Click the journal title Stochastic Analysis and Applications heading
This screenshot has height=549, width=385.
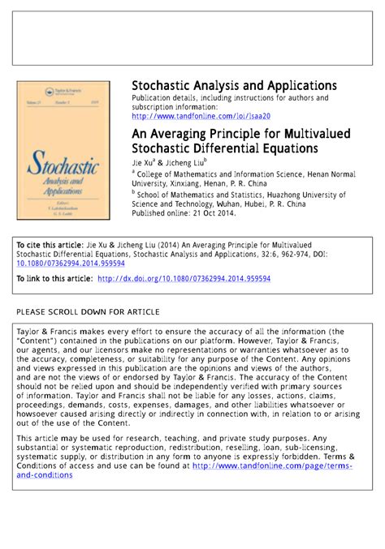(234, 86)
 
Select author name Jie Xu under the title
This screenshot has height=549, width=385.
(145, 162)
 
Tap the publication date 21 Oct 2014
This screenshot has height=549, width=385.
(210, 214)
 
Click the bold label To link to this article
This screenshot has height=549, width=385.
(54, 278)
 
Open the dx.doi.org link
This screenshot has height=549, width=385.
(184, 278)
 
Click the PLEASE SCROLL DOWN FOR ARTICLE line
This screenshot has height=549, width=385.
(88, 311)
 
